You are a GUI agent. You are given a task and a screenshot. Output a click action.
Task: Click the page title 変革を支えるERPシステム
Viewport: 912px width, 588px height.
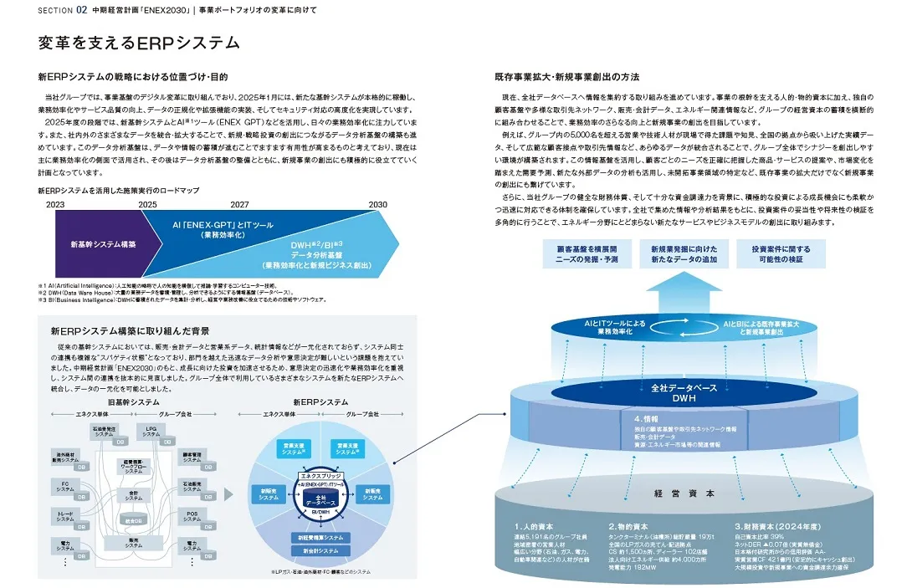tap(139, 43)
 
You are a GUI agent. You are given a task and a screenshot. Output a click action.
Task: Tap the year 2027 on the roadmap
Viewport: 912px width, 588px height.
tap(239, 203)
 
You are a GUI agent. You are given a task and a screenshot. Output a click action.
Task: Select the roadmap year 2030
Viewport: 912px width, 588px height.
tap(378, 203)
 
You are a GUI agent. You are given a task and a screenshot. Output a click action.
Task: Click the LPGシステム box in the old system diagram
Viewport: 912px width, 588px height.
tap(151, 432)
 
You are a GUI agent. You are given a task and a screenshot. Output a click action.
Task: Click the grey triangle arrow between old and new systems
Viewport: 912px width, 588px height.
tap(228, 493)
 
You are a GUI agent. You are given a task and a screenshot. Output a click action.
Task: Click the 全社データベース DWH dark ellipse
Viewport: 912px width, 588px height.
tap(679, 391)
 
